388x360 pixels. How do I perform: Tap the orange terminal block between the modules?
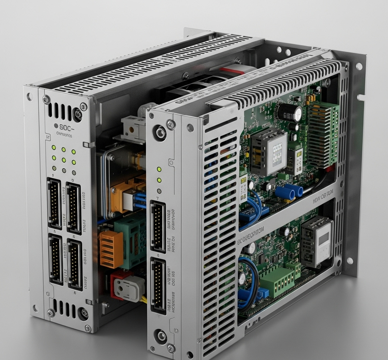111,249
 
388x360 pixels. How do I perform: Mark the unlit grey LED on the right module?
159,191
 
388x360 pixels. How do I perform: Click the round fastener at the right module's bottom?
161,335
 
